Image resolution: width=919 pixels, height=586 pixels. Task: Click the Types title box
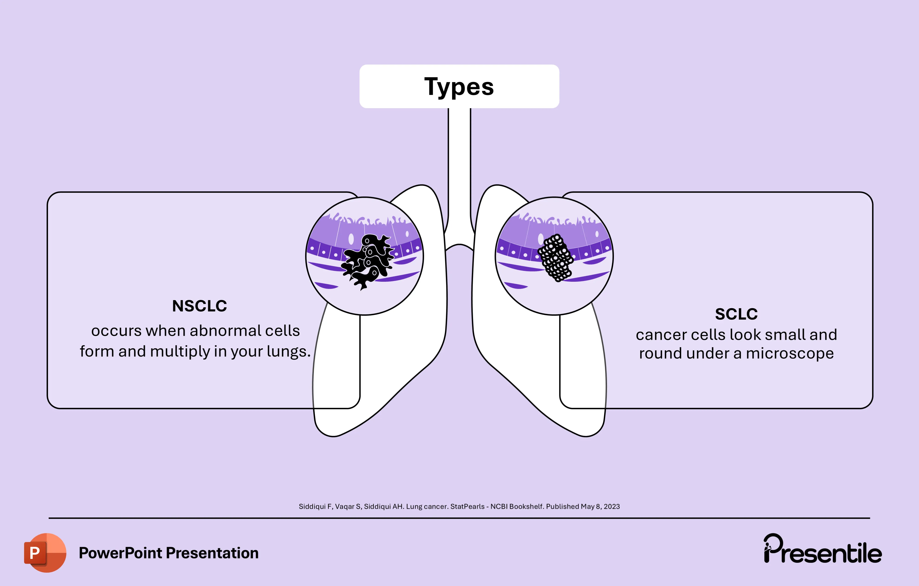(x=459, y=86)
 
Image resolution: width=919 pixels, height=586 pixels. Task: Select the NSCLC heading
(x=199, y=306)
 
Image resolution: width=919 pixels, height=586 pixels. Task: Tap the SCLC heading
(x=736, y=314)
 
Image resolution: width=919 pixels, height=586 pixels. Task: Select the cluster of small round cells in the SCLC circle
(x=556, y=257)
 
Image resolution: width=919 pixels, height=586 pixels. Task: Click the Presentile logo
(x=822, y=550)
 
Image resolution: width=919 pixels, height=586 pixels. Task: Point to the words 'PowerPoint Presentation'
(x=168, y=553)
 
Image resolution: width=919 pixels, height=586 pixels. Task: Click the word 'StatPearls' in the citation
(x=467, y=507)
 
